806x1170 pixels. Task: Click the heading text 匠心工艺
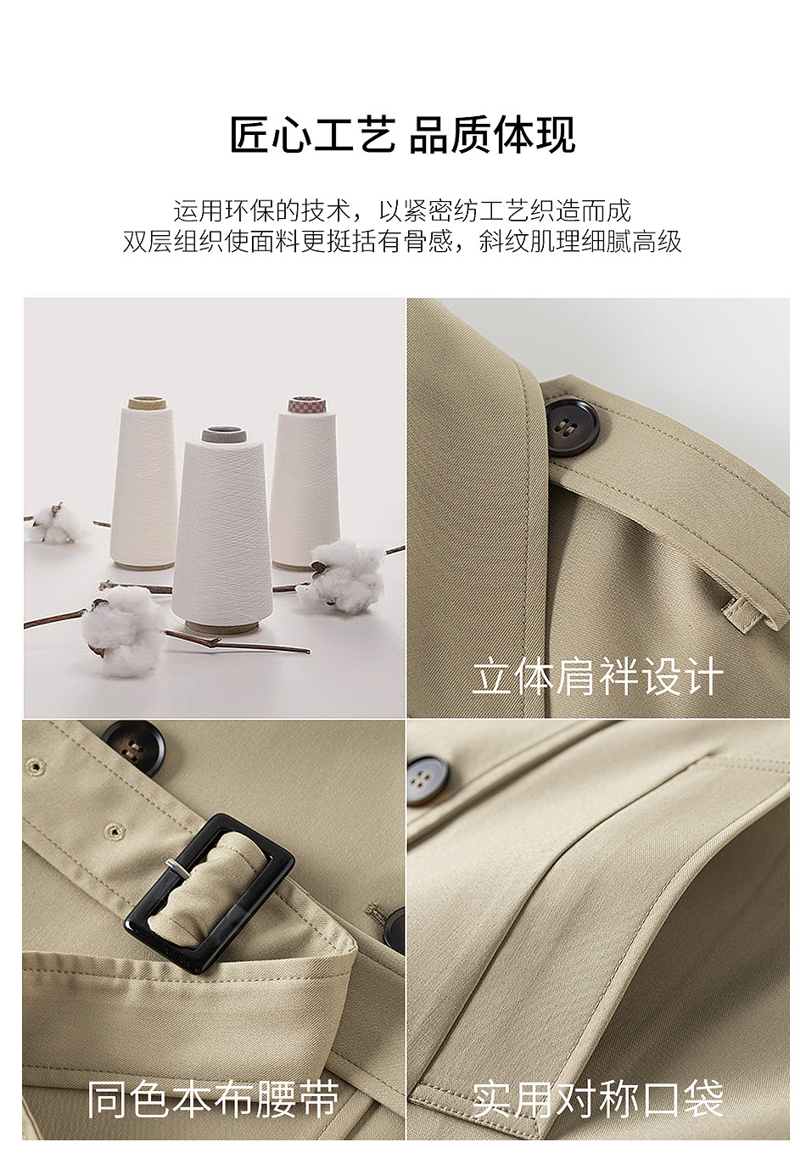coord(312,135)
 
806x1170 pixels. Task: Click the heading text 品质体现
coord(491,135)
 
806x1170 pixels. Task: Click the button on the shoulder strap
coord(572,427)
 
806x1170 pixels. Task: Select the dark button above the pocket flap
coord(428,780)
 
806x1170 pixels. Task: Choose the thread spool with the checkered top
coord(305,483)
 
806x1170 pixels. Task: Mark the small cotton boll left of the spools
coord(53,523)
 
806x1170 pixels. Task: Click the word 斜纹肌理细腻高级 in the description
coord(579,242)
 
